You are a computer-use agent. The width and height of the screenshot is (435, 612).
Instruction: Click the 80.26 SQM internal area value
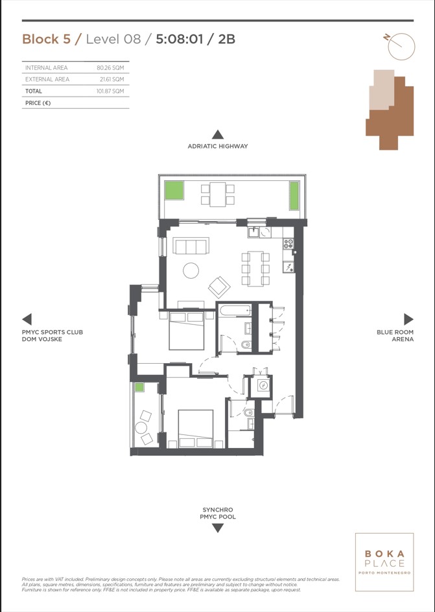tap(110, 67)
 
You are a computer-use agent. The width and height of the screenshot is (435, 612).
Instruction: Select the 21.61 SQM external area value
tap(112, 79)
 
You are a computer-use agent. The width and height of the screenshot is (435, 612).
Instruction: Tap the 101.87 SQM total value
tap(110, 91)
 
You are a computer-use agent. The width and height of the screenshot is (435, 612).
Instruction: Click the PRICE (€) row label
tap(38, 103)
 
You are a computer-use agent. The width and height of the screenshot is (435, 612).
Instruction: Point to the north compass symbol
tap(399, 45)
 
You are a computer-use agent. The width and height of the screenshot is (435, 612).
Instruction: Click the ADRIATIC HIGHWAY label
tap(218, 147)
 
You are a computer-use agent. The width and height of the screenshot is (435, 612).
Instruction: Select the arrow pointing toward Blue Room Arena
tap(408, 319)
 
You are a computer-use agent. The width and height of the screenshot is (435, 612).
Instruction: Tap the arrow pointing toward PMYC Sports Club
tap(27, 319)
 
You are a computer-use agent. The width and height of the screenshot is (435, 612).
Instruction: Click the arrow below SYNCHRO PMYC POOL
tap(218, 528)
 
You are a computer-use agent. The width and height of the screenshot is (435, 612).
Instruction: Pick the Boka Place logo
tap(384, 562)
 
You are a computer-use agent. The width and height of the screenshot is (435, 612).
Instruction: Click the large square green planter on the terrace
tap(174, 191)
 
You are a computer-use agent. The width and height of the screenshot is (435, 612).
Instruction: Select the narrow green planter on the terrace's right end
tap(294, 196)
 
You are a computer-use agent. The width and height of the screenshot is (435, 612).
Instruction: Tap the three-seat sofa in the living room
tap(189, 246)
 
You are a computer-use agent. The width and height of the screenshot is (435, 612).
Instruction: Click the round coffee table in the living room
tap(191, 270)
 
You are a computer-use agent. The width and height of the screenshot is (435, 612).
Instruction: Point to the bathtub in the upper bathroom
tap(235, 311)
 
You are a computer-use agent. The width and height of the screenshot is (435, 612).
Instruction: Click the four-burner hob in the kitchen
tap(288, 244)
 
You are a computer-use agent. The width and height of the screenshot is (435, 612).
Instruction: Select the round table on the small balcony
tap(141, 428)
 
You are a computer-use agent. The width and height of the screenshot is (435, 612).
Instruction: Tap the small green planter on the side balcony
tap(139, 387)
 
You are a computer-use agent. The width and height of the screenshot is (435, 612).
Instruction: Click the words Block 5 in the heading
tap(47, 39)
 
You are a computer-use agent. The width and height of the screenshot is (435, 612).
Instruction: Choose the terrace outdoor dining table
tap(218, 194)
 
